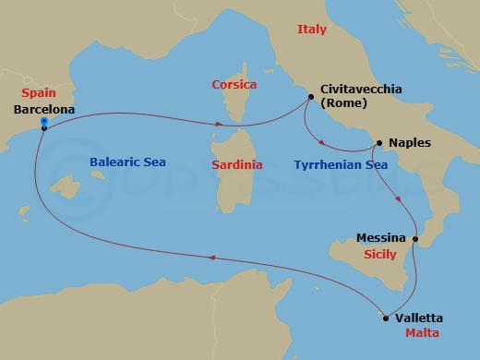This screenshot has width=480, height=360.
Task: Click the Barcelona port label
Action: coord(45,109)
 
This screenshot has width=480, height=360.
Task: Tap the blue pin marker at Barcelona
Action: coord(43,122)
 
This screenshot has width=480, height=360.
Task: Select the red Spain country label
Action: coord(40,94)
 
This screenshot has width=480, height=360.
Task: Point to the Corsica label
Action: coord(234,83)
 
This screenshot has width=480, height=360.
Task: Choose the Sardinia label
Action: coord(236,164)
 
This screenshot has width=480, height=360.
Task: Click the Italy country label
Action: coord(312,30)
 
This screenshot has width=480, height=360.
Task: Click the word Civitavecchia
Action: coord(363,90)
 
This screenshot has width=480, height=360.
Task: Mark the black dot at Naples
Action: coord(377,143)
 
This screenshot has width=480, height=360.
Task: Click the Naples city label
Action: coord(409,143)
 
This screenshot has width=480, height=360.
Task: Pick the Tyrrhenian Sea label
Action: coord(340,164)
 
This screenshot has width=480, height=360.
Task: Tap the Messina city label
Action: coord(381,237)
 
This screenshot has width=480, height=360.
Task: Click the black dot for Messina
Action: coord(415,240)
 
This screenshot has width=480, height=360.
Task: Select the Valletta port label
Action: coord(419,318)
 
